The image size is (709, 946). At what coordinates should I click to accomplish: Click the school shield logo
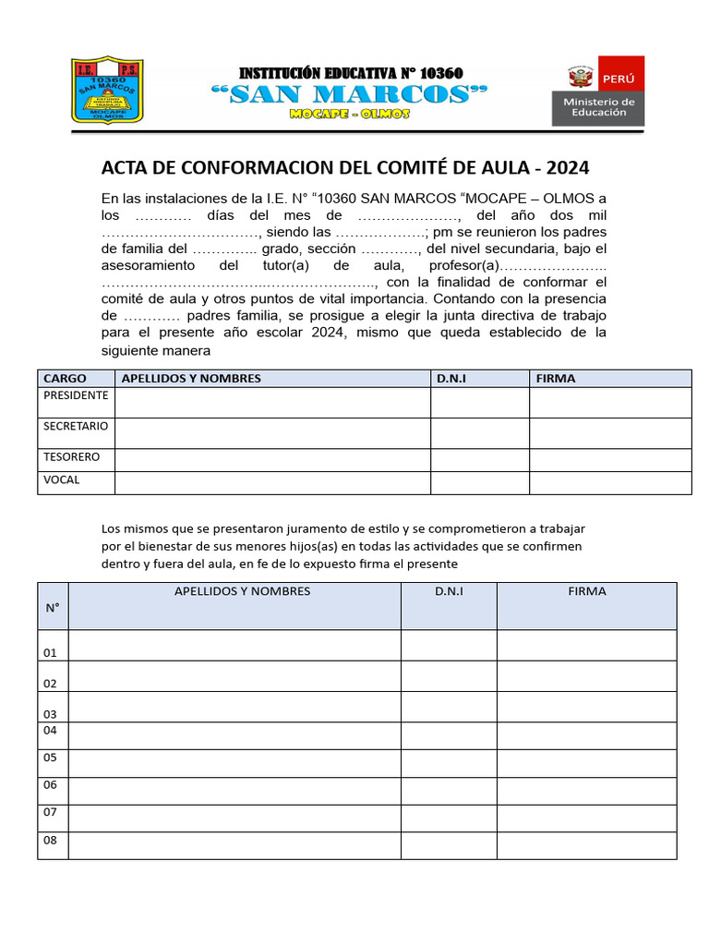click(107, 91)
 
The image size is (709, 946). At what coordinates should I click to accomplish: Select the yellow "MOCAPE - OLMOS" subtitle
click(350, 114)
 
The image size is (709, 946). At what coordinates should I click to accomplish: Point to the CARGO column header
click(65, 379)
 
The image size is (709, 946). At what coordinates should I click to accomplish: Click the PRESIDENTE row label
click(76, 395)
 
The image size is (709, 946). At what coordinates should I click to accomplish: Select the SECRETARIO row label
click(76, 427)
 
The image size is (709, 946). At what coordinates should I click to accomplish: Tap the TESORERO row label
click(71, 457)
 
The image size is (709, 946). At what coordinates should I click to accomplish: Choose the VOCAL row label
click(62, 480)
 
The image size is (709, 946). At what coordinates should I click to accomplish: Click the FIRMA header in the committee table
click(555, 379)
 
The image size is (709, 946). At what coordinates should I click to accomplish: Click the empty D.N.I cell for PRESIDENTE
click(479, 403)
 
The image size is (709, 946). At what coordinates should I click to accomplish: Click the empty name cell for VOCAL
click(271, 483)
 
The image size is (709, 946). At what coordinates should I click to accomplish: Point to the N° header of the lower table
click(53, 608)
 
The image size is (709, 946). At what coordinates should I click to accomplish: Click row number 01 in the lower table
click(51, 652)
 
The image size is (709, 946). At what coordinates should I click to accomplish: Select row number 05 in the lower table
click(51, 758)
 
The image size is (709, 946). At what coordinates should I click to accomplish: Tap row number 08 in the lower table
click(51, 841)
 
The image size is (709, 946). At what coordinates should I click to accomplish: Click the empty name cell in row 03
click(234, 707)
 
